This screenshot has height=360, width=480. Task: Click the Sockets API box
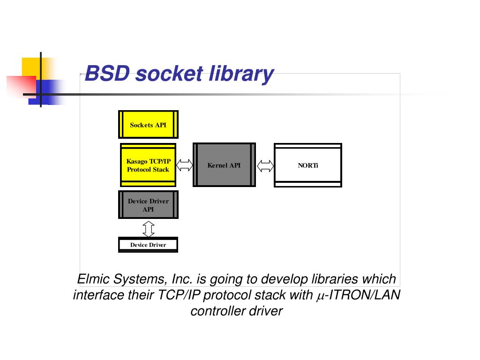click(x=148, y=125)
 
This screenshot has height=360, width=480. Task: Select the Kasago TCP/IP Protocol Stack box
click(x=148, y=165)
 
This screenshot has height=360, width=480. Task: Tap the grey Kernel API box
click(x=224, y=165)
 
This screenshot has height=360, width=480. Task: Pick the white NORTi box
click(x=308, y=165)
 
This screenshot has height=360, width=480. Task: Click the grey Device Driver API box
click(x=148, y=205)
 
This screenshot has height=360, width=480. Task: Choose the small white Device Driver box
click(x=148, y=245)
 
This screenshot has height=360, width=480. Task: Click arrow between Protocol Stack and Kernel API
click(x=184, y=165)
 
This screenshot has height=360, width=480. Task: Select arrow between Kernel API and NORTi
click(x=265, y=165)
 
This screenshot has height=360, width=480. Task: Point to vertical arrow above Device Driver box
click(x=148, y=228)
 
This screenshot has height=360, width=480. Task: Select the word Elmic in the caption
click(x=93, y=279)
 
